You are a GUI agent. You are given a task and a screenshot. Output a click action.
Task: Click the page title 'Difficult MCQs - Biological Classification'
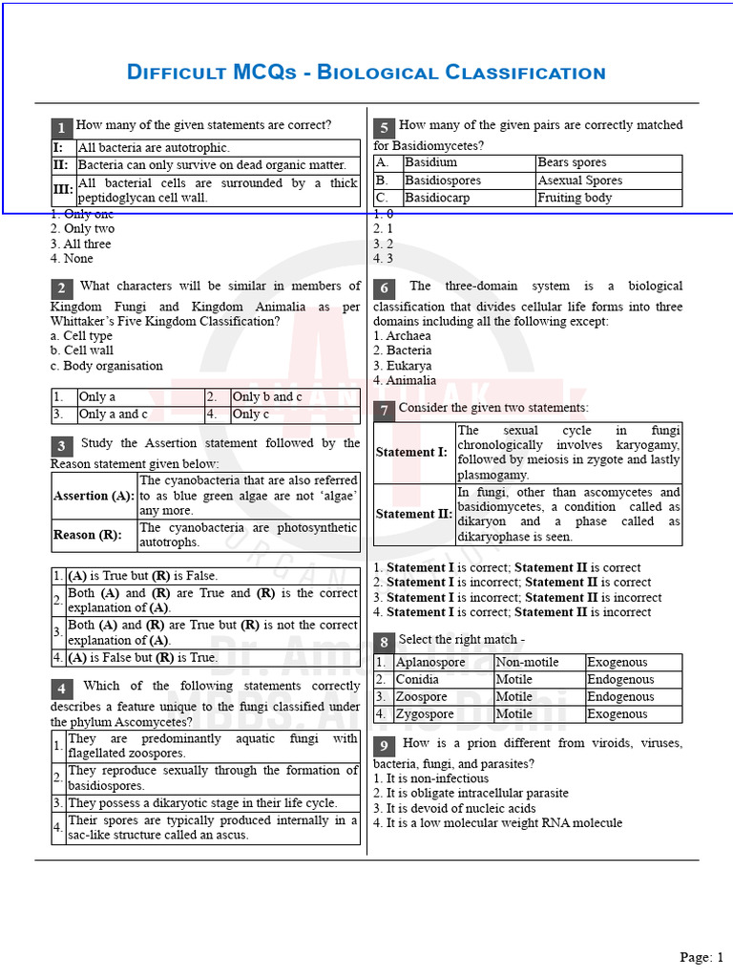pos(366,73)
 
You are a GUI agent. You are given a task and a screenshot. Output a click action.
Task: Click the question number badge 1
pos(61,128)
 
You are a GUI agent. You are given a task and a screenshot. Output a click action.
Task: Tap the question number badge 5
pos(384,128)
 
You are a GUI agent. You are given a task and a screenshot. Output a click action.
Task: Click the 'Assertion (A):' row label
pos(94,497)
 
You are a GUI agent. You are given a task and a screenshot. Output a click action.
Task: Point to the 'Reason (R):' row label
pos(88,535)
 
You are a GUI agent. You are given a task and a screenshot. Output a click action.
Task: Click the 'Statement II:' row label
pos(413,514)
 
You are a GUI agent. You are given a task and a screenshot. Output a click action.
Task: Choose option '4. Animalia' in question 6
pos(405,380)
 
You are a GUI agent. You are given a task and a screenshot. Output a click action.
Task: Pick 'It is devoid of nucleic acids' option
pos(454,808)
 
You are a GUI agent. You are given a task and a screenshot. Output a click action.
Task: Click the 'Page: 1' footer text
pos(702,956)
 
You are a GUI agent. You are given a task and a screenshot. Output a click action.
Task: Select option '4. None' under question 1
pos(72,258)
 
